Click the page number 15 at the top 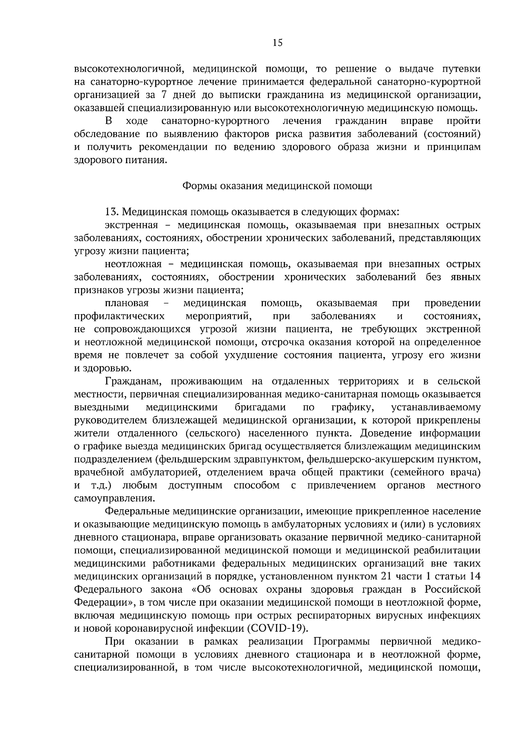(278, 42)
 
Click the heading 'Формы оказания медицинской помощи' (277, 186)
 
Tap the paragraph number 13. (112, 212)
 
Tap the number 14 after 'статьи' (475, 576)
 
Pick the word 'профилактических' (119, 316)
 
